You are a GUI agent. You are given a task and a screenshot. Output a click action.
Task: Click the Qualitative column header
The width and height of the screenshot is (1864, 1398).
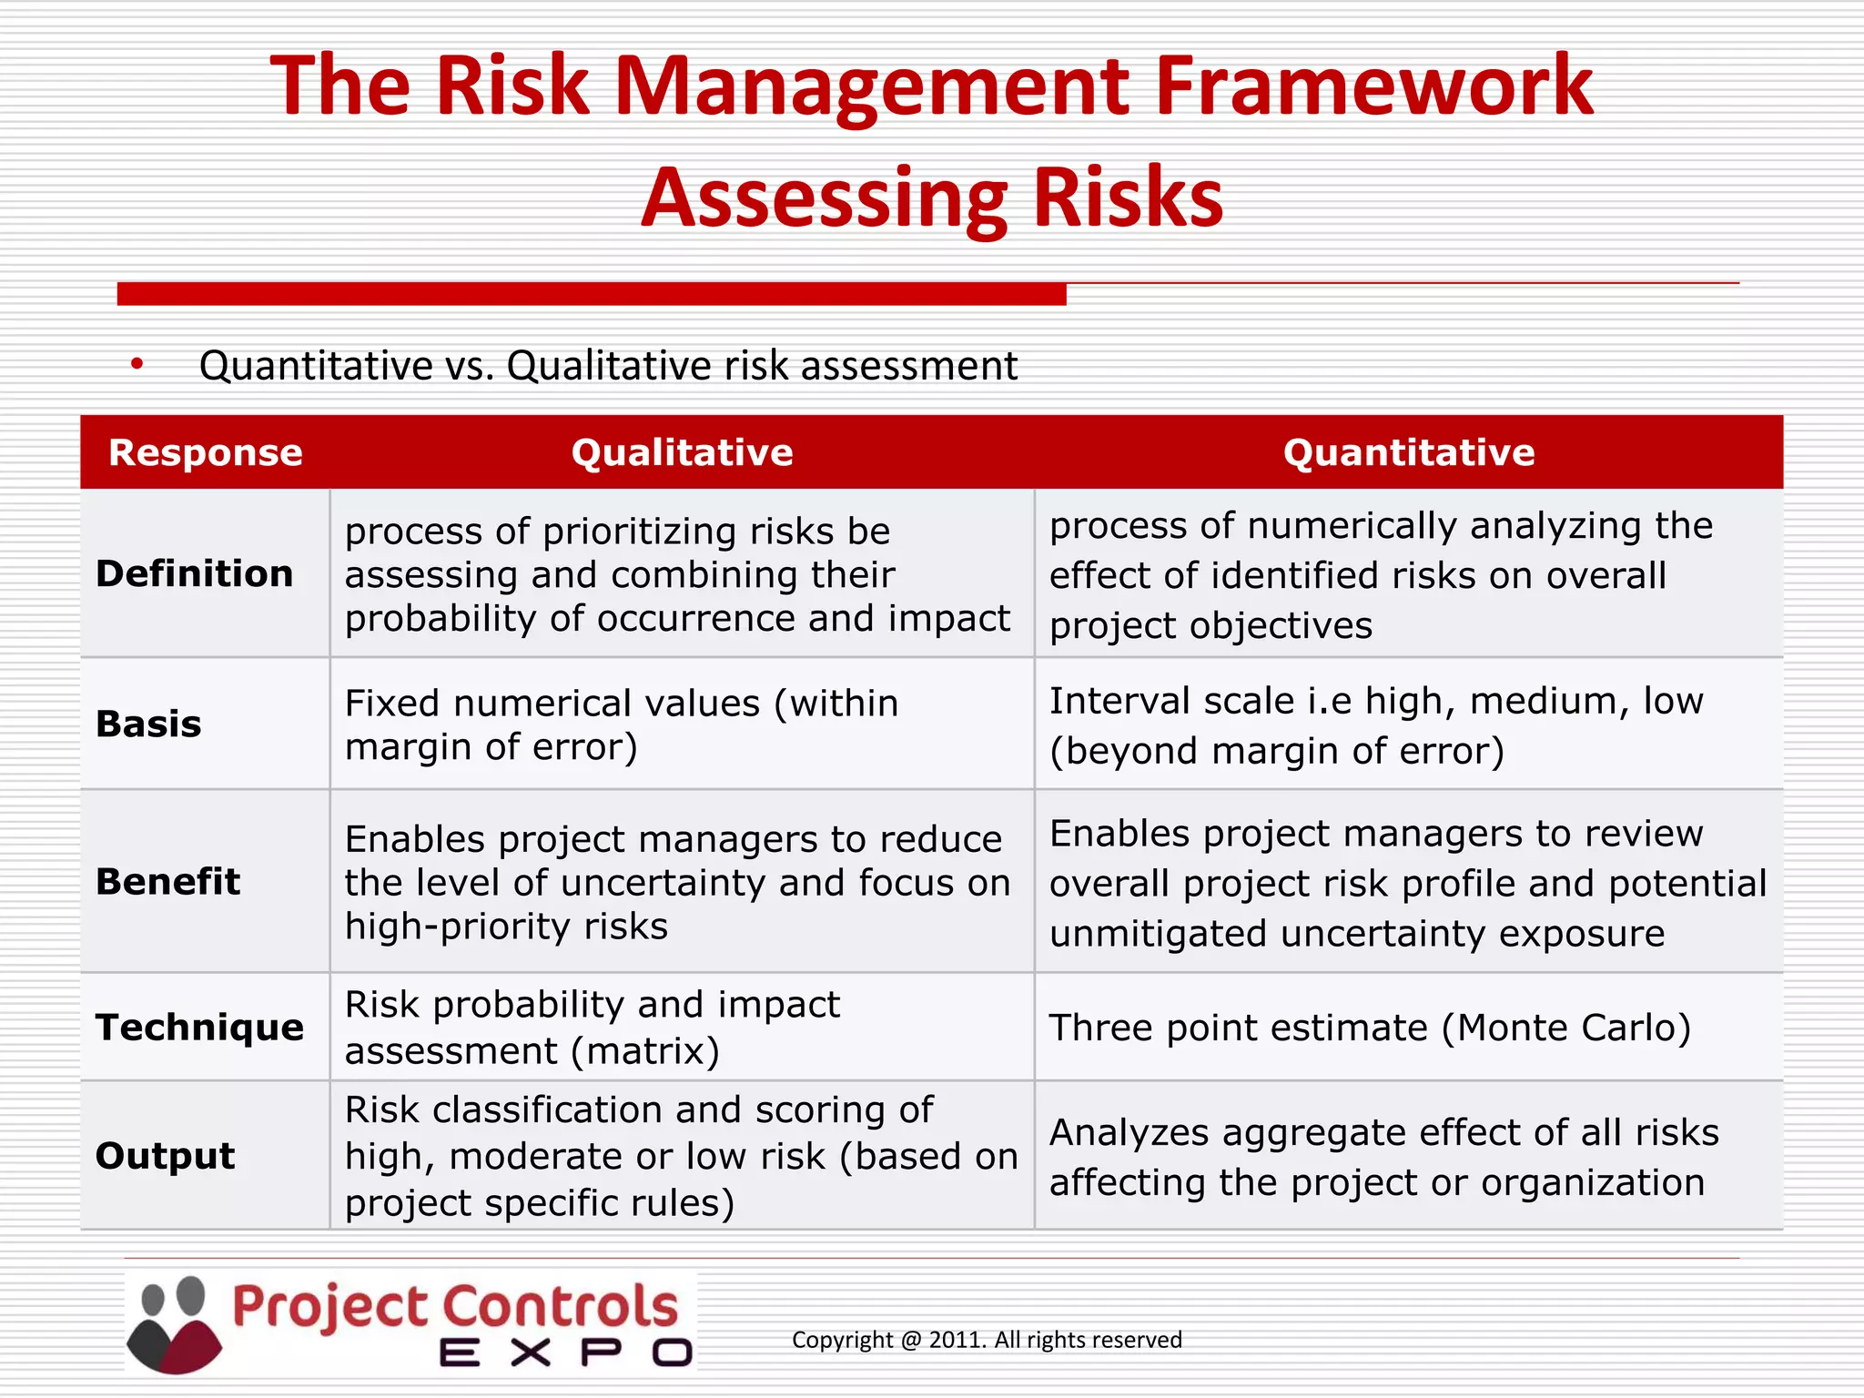(682, 452)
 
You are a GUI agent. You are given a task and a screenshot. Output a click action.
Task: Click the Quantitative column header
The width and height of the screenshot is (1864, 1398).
(1408, 452)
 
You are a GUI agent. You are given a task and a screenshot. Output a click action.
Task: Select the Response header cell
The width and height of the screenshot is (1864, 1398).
(205, 452)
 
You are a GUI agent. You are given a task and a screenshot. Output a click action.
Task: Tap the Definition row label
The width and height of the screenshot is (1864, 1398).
(194, 573)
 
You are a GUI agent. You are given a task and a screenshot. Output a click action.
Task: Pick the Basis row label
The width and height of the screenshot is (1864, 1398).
(148, 724)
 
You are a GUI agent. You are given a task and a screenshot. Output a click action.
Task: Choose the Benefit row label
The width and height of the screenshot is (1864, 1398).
(167, 881)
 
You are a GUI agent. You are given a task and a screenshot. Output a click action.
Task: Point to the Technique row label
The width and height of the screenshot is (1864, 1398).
(199, 1027)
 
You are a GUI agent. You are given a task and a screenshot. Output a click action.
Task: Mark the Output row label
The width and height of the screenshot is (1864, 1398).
(165, 1155)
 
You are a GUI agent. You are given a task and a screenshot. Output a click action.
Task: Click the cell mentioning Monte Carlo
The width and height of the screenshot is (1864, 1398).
(1370, 1028)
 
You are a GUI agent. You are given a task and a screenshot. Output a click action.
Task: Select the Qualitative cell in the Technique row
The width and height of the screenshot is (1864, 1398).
(592, 1028)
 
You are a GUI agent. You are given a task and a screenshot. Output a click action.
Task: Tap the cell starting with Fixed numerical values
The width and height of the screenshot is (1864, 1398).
(621, 724)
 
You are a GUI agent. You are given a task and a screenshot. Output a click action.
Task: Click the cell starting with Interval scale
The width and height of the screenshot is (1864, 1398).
(1375, 725)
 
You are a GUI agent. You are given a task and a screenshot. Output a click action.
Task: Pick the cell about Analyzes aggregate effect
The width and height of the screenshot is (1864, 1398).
(1383, 1157)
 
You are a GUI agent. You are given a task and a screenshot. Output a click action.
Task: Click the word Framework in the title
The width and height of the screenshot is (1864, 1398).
(1374, 86)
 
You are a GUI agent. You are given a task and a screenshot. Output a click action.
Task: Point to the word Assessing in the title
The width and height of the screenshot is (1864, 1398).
(824, 198)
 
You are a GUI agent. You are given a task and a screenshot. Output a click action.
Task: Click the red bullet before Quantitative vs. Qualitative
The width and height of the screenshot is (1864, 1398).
(137, 365)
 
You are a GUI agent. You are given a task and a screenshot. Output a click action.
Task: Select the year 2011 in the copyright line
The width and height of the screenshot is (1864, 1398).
(957, 1340)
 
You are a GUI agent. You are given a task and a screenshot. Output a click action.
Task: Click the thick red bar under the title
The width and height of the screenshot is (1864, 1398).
(592, 294)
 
